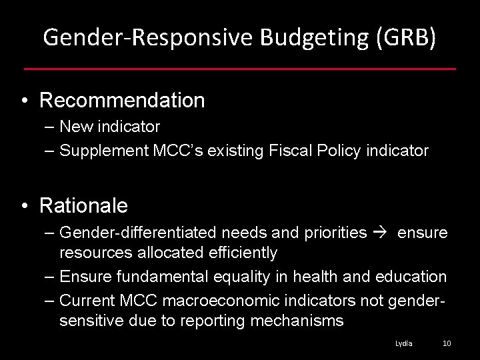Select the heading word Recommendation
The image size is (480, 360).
click(122, 101)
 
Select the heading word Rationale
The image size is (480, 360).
click(83, 206)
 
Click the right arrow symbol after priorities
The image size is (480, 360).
click(382, 233)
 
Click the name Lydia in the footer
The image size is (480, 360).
click(403, 343)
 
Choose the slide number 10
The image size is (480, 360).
click(447, 343)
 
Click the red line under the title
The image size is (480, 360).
click(240, 69)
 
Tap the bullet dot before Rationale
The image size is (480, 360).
click(24, 207)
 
